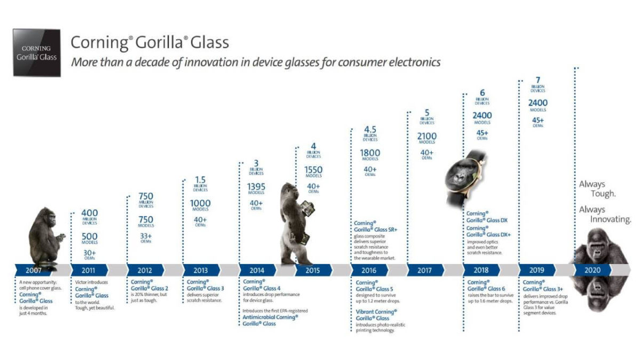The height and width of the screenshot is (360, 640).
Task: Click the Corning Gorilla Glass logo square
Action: (37, 53)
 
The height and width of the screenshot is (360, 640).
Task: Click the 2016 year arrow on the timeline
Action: (369, 270)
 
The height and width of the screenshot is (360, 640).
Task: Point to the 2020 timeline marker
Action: (592, 270)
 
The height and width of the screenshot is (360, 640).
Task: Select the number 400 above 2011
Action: (89, 213)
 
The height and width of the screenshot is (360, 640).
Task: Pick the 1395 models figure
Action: (256, 187)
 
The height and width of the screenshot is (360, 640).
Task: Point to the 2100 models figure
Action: (427, 137)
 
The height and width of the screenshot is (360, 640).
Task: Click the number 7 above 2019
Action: (538, 81)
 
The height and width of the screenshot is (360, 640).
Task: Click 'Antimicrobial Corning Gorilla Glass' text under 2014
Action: (270, 320)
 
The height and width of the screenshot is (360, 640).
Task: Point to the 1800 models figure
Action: (370, 153)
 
